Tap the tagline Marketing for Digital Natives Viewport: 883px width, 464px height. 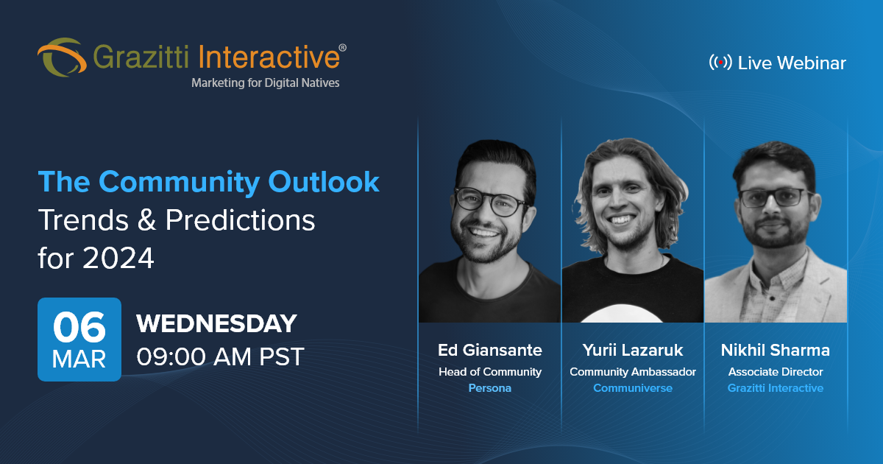coord(265,83)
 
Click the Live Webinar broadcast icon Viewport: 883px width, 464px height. coord(720,63)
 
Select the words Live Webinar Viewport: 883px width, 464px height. coord(792,63)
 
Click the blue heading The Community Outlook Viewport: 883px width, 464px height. coord(209,181)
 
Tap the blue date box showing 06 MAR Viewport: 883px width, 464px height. coord(79,339)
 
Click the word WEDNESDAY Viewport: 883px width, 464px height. coord(216,323)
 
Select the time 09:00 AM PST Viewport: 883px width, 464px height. coord(220,356)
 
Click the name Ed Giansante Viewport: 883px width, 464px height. coord(489,351)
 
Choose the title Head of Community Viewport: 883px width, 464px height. coord(489,372)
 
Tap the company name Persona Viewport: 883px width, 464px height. coord(489,388)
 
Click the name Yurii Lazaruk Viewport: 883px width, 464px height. coord(632,351)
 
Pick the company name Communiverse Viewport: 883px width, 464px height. coord(632,388)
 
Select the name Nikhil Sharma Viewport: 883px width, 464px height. coord(776,351)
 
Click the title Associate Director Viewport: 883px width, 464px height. coord(776,372)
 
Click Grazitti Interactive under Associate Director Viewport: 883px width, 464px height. coord(776,388)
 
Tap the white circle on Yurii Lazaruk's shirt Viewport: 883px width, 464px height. coord(631,313)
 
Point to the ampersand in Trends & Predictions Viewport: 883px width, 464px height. coord(148,220)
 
